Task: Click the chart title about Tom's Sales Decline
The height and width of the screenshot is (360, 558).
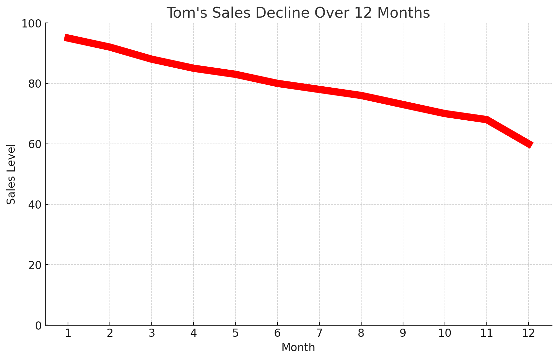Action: pos(298,13)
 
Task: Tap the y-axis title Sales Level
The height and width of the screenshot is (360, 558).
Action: pos(11,174)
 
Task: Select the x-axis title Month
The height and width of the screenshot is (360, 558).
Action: pos(298,348)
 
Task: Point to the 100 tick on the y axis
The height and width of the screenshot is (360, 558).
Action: pos(31,24)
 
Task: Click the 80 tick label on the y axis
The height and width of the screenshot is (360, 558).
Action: pos(35,84)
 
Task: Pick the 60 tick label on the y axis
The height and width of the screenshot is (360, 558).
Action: pos(35,144)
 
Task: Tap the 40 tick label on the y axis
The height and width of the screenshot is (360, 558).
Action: pos(35,205)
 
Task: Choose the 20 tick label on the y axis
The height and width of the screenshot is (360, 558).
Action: pos(35,265)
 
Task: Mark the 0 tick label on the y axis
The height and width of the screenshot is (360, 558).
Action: pos(39,325)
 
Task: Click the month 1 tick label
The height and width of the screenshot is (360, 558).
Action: pos(68,333)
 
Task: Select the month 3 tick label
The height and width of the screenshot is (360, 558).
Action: pos(152,333)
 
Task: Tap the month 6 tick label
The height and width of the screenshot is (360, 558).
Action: pos(277,333)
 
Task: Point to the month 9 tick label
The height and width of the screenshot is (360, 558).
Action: pos(403,333)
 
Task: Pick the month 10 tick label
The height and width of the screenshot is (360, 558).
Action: pos(445,333)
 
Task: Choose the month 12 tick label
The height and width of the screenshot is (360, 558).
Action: pos(528,333)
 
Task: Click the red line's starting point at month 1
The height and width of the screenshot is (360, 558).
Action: pos(67,38)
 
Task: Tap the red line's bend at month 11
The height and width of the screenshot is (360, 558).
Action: pos(487,120)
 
